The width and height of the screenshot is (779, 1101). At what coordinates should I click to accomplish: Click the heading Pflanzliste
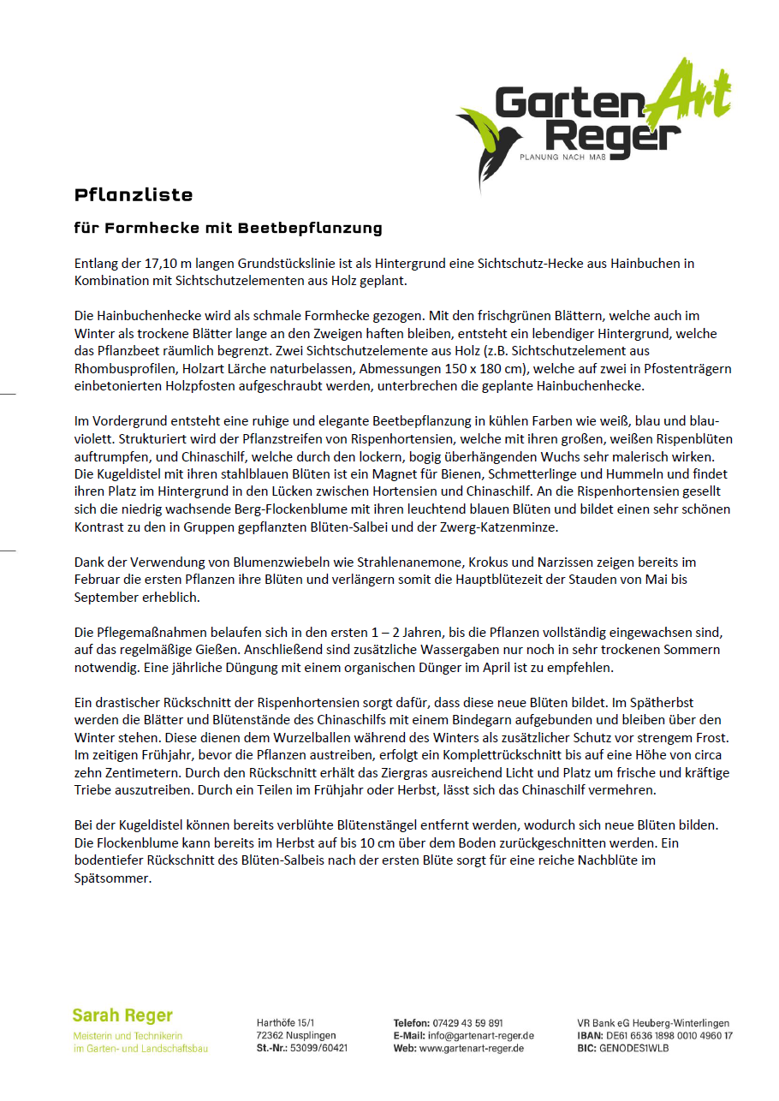(x=133, y=195)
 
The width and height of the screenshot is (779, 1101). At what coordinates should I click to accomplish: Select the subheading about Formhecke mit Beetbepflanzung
(x=228, y=229)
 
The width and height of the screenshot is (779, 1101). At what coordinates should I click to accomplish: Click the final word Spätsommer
(x=111, y=878)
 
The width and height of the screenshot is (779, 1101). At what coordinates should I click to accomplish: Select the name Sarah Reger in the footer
(x=122, y=1015)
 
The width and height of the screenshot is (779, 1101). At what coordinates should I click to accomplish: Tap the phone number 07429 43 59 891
(x=468, y=1023)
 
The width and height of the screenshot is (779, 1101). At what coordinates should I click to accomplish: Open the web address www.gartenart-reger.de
(x=471, y=1048)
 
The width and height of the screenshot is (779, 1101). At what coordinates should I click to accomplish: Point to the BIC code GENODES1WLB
(x=633, y=1048)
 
